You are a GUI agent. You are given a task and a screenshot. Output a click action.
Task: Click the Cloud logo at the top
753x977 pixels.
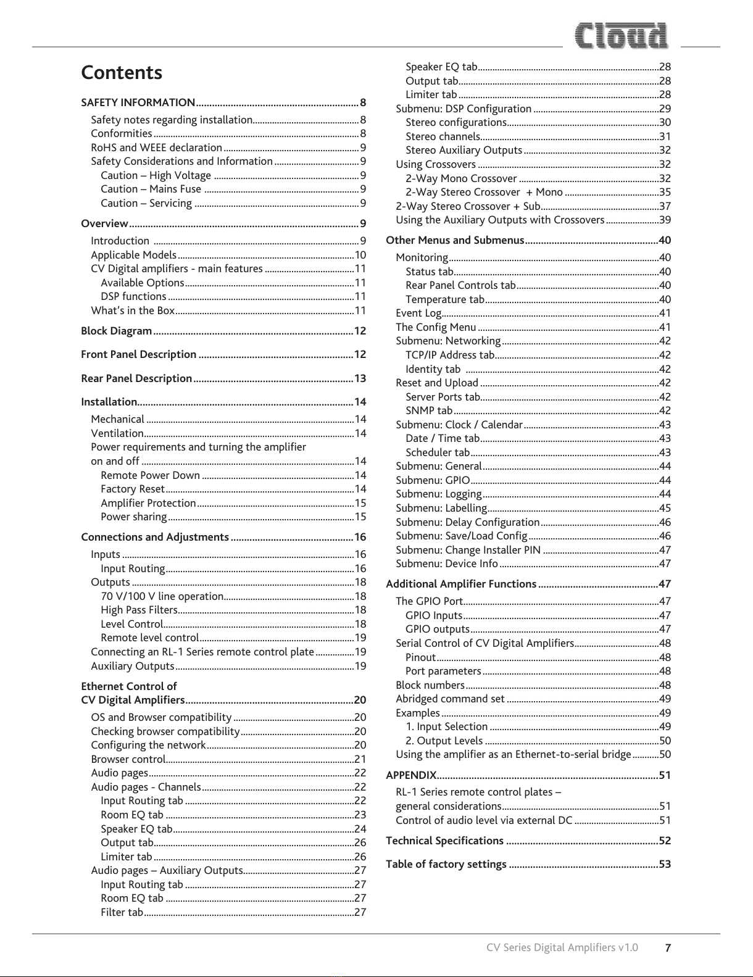[x=622, y=36]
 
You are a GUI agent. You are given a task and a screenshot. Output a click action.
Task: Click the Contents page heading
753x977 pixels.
[x=122, y=73]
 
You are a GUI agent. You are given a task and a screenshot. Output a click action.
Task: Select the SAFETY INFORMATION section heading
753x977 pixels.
[x=138, y=102]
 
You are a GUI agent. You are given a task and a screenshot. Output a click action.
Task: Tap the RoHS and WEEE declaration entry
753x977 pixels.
[x=156, y=148]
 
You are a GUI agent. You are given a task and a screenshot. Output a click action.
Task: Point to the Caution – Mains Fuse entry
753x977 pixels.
[x=151, y=189]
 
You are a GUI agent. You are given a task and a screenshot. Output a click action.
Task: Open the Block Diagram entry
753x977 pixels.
[x=117, y=331]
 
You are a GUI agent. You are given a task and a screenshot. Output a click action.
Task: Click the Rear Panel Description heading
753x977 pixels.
[x=136, y=378]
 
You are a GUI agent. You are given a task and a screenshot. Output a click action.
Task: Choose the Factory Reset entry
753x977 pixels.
[x=133, y=489]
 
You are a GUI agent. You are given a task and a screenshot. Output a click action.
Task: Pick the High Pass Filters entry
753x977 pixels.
[x=139, y=610]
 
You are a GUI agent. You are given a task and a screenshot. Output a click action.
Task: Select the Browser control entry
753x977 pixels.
[x=128, y=760]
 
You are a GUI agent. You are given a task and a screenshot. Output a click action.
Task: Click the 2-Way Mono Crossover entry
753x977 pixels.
[x=461, y=179]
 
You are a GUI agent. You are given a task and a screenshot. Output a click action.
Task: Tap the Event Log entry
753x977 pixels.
[x=418, y=314]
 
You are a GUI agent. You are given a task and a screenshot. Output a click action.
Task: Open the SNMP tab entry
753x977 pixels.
[x=429, y=411]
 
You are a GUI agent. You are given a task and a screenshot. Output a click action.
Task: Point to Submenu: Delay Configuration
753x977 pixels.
[x=467, y=523]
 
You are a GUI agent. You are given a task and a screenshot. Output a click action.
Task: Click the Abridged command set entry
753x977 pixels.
[x=450, y=699]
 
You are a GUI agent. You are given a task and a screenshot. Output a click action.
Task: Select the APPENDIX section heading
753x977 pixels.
[x=410, y=776]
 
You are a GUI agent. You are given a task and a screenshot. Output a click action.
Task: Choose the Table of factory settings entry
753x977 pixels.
[x=446, y=865]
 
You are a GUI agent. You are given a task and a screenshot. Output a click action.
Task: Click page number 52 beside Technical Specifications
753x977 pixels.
[x=665, y=841]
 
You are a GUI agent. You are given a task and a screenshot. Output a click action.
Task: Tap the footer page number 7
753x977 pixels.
[x=668, y=948]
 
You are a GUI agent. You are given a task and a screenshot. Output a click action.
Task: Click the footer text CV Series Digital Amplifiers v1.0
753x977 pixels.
[x=562, y=948]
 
